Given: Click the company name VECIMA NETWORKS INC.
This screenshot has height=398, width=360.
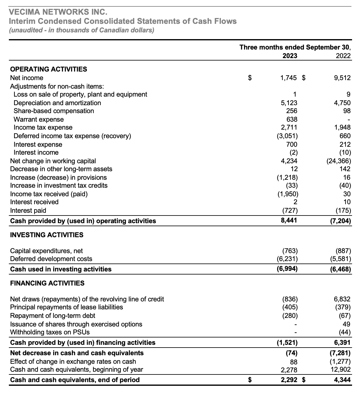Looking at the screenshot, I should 58,12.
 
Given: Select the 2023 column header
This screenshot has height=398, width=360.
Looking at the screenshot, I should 290,56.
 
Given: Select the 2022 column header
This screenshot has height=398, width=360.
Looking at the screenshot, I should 343,56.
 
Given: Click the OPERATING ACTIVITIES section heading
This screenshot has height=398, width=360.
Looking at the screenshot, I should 49,69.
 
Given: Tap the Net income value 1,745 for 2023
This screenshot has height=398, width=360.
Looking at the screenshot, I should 288,78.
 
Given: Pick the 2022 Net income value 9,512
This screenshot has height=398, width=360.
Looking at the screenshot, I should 342,78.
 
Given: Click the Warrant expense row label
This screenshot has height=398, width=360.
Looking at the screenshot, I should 39,119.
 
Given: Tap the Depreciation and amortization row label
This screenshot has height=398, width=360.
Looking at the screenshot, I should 57,103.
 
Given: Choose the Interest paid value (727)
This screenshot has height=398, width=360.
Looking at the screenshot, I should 290,210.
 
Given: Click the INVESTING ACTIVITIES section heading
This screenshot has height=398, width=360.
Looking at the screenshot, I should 47,235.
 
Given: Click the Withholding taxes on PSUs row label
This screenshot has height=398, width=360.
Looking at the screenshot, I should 50,332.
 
